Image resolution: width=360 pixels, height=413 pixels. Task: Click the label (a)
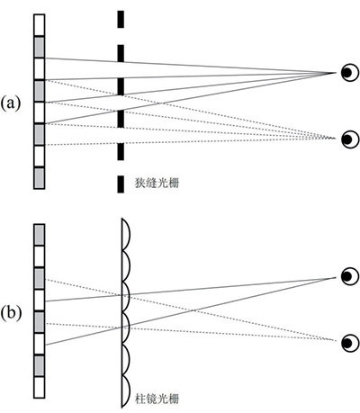[x=11, y=103]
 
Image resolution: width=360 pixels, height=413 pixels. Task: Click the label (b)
[x=11, y=313]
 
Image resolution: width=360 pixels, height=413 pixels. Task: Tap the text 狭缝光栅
[x=157, y=183]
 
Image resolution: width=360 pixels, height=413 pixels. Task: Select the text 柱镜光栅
[x=157, y=399]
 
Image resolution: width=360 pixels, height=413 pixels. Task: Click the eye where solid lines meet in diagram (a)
[x=350, y=72]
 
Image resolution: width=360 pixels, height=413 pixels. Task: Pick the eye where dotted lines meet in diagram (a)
[x=350, y=139]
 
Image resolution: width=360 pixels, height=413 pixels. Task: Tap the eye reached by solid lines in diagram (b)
[x=350, y=276]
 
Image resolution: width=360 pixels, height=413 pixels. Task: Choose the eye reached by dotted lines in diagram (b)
[x=350, y=343]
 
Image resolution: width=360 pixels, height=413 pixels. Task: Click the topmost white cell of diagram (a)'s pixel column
[x=40, y=25]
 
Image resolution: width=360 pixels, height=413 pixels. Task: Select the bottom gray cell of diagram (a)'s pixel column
[x=40, y=178]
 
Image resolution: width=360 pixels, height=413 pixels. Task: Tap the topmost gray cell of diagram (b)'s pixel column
[x=40, y=235]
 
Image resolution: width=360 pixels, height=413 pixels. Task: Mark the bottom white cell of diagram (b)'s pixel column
[x=40, y=388]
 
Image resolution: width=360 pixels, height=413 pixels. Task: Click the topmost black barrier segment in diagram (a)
[x=121, y=19]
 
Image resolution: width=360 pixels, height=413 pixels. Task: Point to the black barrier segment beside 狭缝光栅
[x=121, y=184]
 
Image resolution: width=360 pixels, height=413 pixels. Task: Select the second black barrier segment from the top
[x=121, y=53]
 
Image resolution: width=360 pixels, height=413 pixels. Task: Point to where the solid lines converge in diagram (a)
[x=336, y=73]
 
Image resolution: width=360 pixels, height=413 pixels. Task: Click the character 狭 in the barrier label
[x=140, y=183]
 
